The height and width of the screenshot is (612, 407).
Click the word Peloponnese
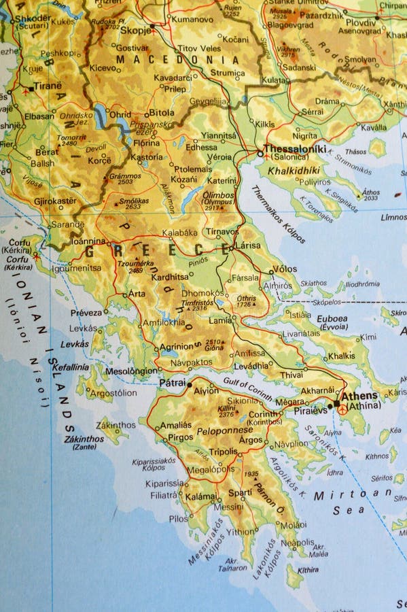(224, 430)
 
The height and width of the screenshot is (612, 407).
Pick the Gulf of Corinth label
(249, 391)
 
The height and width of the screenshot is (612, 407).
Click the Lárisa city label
(247, 244)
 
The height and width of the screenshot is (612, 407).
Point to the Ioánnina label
(89, 241)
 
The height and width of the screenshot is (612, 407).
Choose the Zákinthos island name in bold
(84, 439)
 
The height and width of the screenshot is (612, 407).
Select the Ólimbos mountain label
(217, 194)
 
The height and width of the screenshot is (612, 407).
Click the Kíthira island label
(307, 569)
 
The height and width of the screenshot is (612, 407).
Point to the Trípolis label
(223, 452)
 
